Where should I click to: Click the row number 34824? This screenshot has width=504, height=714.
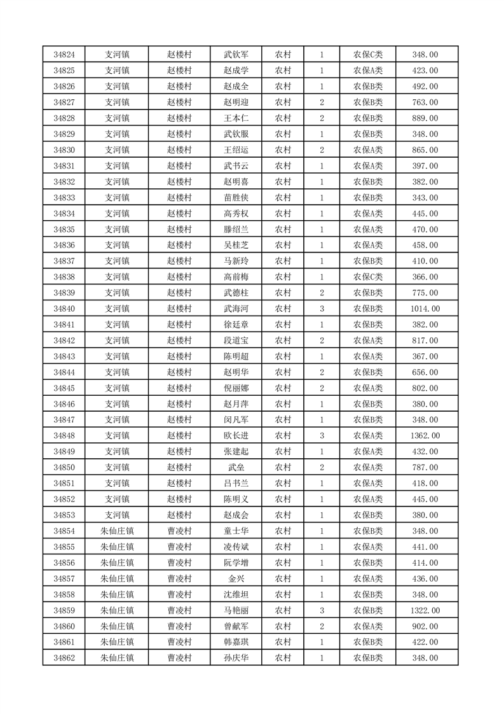click(64, 55)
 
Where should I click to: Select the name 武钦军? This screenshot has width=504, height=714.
click(236, 55)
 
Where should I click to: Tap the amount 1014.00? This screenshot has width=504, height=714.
click(425, 309)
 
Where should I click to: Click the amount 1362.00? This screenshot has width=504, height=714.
click(425, 436)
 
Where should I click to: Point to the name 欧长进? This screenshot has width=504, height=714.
click(236, 436)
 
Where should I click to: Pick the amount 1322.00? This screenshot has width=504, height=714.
click(425, 610)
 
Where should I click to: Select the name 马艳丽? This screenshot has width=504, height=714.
click(236, 610)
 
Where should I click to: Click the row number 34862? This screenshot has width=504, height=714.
click(64, 658)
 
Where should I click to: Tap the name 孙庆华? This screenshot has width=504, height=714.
click(236, 658)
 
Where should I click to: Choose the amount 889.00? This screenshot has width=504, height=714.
click(425, 118)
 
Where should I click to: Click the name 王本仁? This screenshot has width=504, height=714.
click(236, 118)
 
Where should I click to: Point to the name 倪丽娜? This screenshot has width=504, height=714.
click(236, 388)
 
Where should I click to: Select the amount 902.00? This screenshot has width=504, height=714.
click(425, 626)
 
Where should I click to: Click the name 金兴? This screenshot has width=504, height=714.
click(236, 578)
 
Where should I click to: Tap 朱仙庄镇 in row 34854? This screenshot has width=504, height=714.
click(117, 531)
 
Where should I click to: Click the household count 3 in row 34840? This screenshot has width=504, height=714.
click(322, 309)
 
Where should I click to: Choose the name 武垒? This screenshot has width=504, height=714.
click(236, 468)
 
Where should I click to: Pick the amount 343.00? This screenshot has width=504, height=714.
click(425, 198)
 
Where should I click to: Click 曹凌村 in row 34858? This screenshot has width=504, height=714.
click(179, 594)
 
